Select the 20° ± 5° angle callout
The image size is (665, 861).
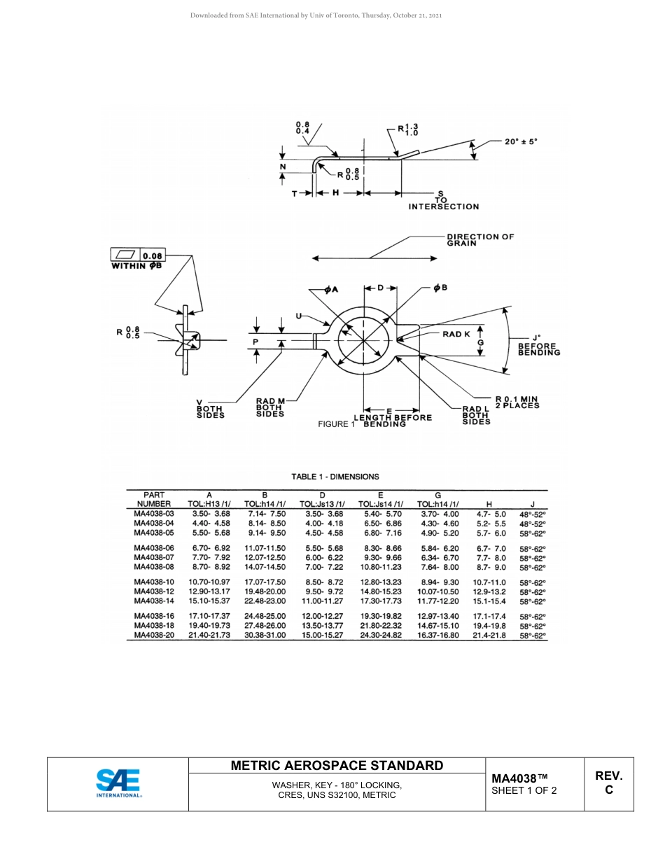tap(521, 141)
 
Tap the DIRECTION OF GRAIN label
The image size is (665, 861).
tap(480, 239)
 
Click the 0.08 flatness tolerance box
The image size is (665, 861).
tap(152, 255)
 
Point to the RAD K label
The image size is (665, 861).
tap(456, 335)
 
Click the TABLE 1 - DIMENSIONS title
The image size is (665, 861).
tap(335, 477)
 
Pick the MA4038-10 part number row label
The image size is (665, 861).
tap(154, 582)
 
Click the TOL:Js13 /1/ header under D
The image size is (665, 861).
tap(322, 503)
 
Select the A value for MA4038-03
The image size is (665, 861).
tap(211, 514)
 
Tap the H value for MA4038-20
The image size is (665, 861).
tap(489, 635)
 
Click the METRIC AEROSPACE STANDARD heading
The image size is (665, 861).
tap(337, 766)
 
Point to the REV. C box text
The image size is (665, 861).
tap(608, 783)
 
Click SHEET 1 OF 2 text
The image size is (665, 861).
tap(524, 791)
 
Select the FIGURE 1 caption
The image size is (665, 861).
tap(337, 424)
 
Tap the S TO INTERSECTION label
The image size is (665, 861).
tap(444, 199)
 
